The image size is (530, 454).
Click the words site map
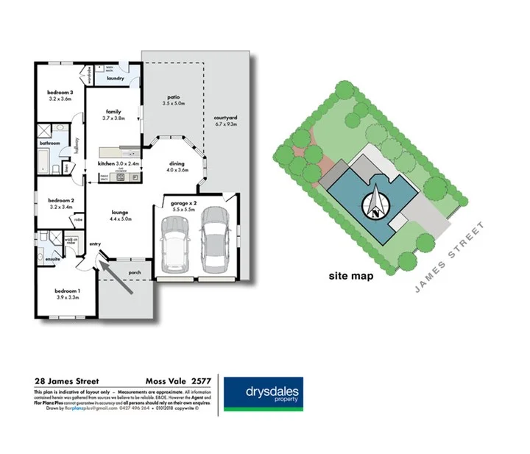pos(350,277)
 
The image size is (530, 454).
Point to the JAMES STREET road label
pos(451,255)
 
